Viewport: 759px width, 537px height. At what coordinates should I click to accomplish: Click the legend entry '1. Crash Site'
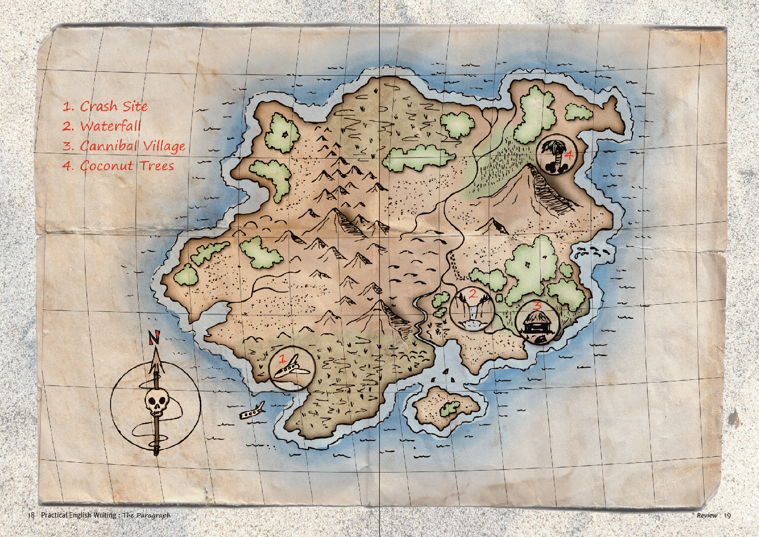[x=105, y=106]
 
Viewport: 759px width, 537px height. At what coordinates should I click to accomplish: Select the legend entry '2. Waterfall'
[x=101, y=126]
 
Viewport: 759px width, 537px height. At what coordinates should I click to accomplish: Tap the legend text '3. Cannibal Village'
[x=124, y=146]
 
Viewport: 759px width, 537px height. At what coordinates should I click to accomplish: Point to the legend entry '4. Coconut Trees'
[x=118, y=166]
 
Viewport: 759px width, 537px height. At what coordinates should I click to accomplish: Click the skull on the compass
[x=157, y=402]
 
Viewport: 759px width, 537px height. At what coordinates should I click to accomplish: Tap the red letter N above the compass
[x=155, y=337]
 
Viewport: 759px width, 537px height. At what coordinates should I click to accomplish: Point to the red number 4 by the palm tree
[x=568, y=155]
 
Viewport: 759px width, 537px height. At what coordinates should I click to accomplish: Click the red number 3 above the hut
[x=537, y=305]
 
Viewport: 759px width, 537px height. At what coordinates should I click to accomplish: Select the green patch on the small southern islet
[x=450, y=409]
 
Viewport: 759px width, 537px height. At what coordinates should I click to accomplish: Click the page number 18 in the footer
[x=31, y=515]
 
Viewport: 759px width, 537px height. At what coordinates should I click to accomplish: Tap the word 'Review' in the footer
[x=707, y=515]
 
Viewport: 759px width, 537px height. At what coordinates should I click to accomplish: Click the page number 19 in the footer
[x=727, y=515]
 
